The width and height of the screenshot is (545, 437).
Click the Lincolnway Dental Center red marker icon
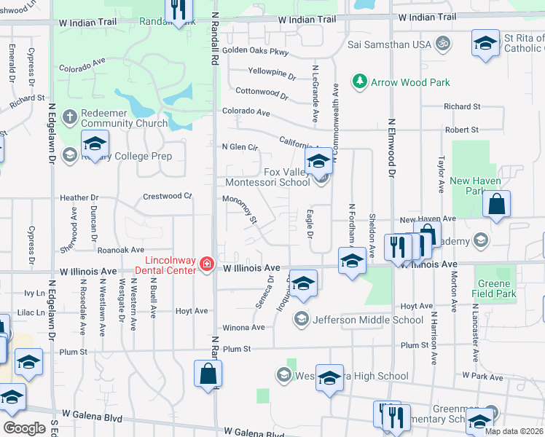207,264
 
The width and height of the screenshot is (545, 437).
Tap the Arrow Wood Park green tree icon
358,82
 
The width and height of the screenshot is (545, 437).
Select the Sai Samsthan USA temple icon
441,44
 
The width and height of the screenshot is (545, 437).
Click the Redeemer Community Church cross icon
69,117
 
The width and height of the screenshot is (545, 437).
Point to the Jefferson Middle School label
367,319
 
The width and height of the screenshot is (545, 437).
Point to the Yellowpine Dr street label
272,72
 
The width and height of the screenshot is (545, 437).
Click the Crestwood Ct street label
167,196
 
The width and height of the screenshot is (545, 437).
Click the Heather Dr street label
79,197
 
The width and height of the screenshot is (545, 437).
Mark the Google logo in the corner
24,428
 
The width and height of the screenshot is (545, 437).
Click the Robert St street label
463,129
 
